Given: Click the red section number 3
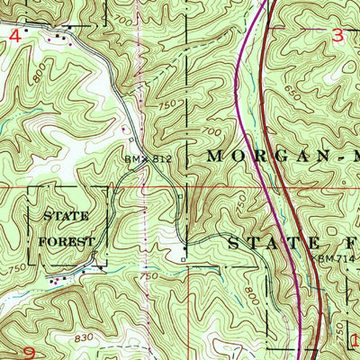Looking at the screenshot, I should click(x=338, y=34).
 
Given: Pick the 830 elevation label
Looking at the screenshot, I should click(x=86, y=336).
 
